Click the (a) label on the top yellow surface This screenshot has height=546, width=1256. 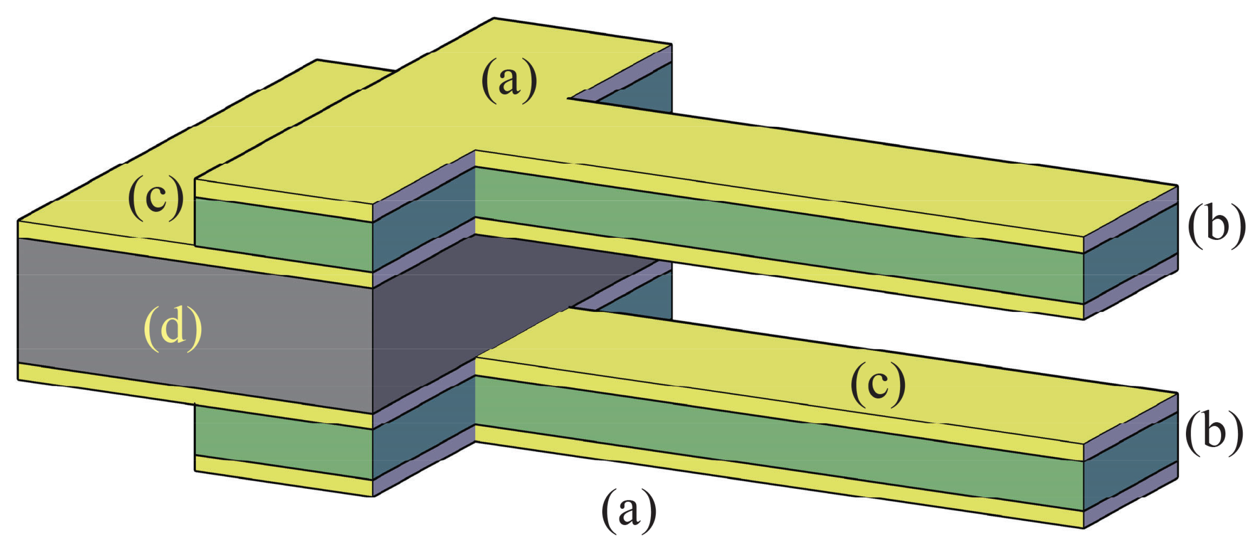point(509,82)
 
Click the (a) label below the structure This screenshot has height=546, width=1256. point(629,512)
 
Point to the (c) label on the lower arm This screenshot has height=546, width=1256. point(878,385)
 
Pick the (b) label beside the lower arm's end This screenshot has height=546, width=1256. point(1213,433)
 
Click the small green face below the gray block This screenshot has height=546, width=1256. point(283,442)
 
